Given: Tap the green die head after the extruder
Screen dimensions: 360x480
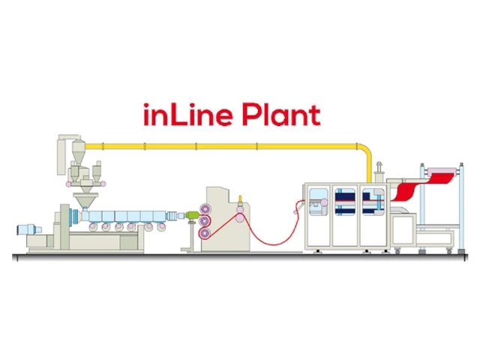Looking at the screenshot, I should (x=192, y=216).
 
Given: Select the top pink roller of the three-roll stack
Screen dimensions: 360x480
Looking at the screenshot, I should (x=205, y=209).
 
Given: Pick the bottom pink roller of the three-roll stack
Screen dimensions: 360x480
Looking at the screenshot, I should (x=205, y=235).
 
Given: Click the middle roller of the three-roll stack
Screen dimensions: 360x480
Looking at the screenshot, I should (x=205, y=222).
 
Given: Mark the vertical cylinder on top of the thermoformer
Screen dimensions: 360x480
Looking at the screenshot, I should (x=379, y=169).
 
